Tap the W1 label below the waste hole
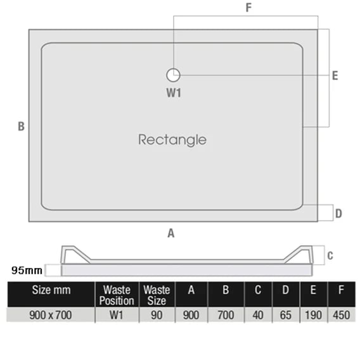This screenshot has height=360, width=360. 174,93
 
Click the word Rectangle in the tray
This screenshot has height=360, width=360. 172,140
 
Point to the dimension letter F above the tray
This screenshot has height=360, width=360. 248,8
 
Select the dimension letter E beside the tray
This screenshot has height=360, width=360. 335,76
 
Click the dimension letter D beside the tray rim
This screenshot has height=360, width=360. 338,214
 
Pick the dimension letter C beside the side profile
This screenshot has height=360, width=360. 330,255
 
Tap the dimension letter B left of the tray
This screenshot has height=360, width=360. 21,126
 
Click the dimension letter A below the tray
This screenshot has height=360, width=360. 171,233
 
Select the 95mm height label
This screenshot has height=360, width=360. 27,270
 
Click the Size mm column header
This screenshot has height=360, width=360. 51,290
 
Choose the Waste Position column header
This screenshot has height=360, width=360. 117,295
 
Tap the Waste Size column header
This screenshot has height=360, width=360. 157,295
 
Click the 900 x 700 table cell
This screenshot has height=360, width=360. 51,315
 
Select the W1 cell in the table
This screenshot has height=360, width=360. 117,315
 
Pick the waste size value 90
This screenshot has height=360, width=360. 157,315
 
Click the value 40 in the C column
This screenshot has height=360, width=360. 258,315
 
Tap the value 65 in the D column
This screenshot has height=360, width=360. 286,315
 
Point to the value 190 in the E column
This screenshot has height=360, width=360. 313,315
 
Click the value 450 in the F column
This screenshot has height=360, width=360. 342,315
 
